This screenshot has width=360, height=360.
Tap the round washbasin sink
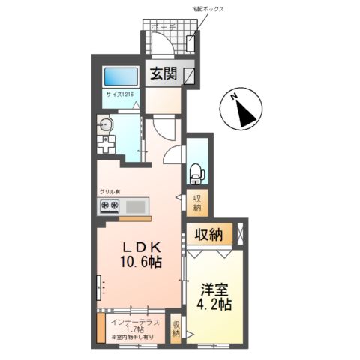click(x=104, y=126)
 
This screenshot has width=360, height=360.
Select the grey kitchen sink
click(x=136, y=206)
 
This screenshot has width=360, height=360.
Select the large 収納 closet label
click(x=209, y=235)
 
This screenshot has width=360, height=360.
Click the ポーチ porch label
click(x=163, y=27)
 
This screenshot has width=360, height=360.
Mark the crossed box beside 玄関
click(x=188, y=75)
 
